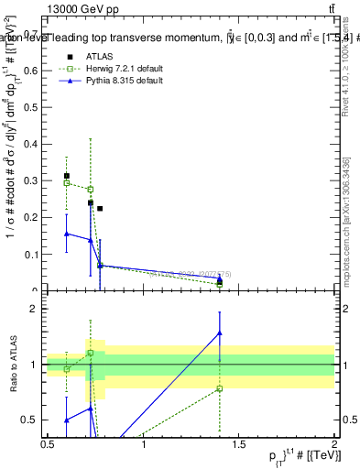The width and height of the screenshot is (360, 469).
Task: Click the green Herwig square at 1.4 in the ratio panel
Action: click(220, 388)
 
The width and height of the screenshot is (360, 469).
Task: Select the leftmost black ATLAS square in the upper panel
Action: click(66, 175)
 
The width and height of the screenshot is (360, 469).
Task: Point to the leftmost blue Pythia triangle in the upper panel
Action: click(66, 234)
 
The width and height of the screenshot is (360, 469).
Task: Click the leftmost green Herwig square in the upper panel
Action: click(66, 182)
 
